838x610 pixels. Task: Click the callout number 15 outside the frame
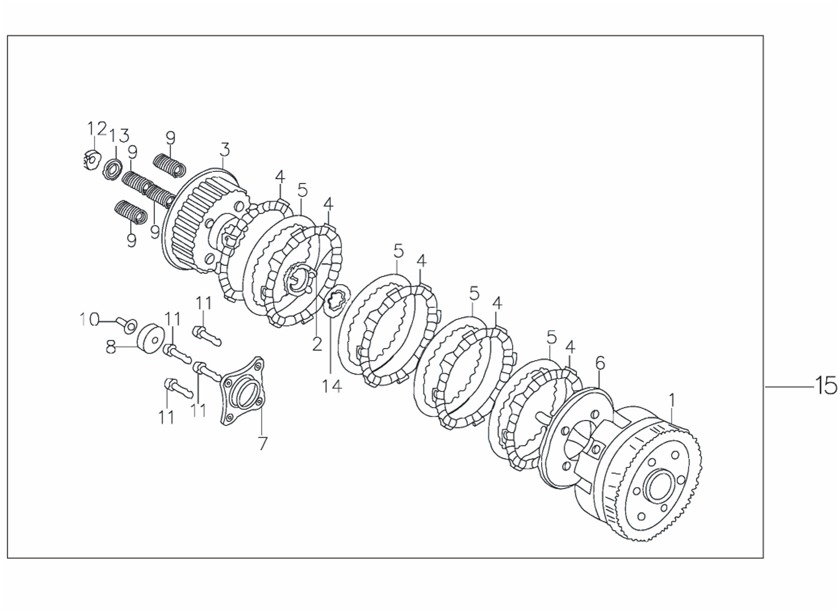[x=825, y=386]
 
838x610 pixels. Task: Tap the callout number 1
[x=672, y=400]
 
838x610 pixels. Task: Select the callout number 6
[x=600, y=363]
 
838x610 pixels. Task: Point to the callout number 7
[x=263, y=444]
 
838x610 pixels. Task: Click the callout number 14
[x=332, y=386]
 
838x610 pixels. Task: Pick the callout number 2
[x=318, y=344]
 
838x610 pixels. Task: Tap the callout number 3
[x=225, y=150]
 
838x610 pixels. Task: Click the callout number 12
[x=97, y=129]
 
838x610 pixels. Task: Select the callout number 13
[x=119, y=136]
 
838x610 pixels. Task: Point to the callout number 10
[x=90, y=319]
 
